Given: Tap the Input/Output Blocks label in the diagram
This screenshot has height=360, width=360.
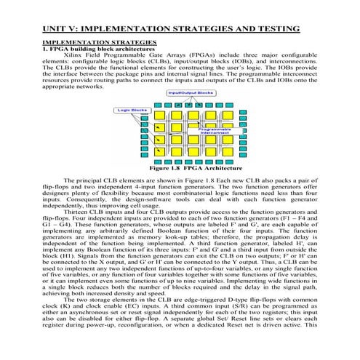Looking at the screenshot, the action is [x=190, y=93].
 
